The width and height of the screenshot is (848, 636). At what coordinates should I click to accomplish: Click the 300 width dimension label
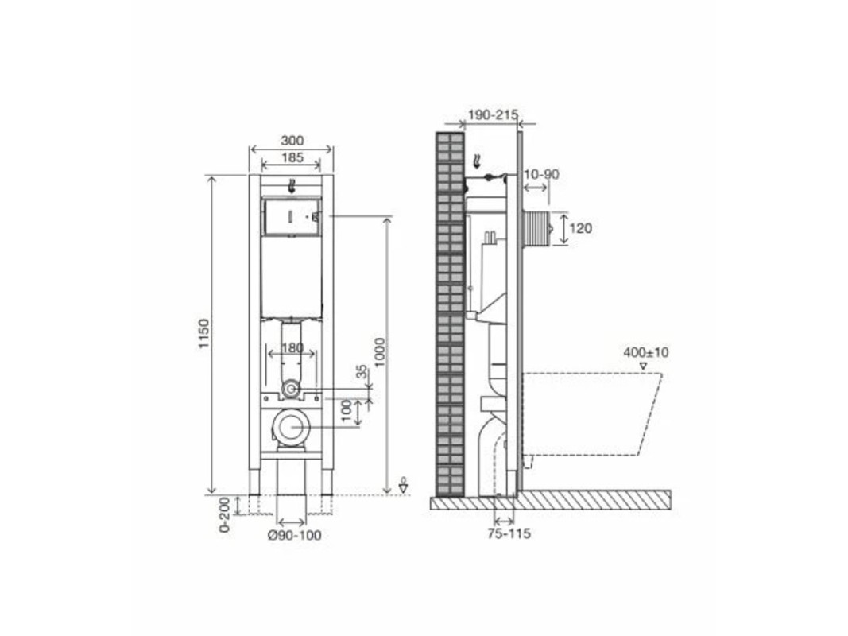[292, 141]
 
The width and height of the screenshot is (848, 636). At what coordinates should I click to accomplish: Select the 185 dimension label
[292, 158]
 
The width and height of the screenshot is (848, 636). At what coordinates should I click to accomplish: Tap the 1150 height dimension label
[204, 334]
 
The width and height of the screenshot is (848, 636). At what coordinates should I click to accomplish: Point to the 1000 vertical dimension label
[380, 352]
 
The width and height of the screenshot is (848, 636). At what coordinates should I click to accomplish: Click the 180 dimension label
[292, 347]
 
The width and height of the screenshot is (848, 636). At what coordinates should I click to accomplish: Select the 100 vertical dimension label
[347, 412]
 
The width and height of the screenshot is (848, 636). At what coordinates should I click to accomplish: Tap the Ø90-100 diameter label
[295, 535]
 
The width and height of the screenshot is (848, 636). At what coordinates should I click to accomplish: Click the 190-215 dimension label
[493, 114]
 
